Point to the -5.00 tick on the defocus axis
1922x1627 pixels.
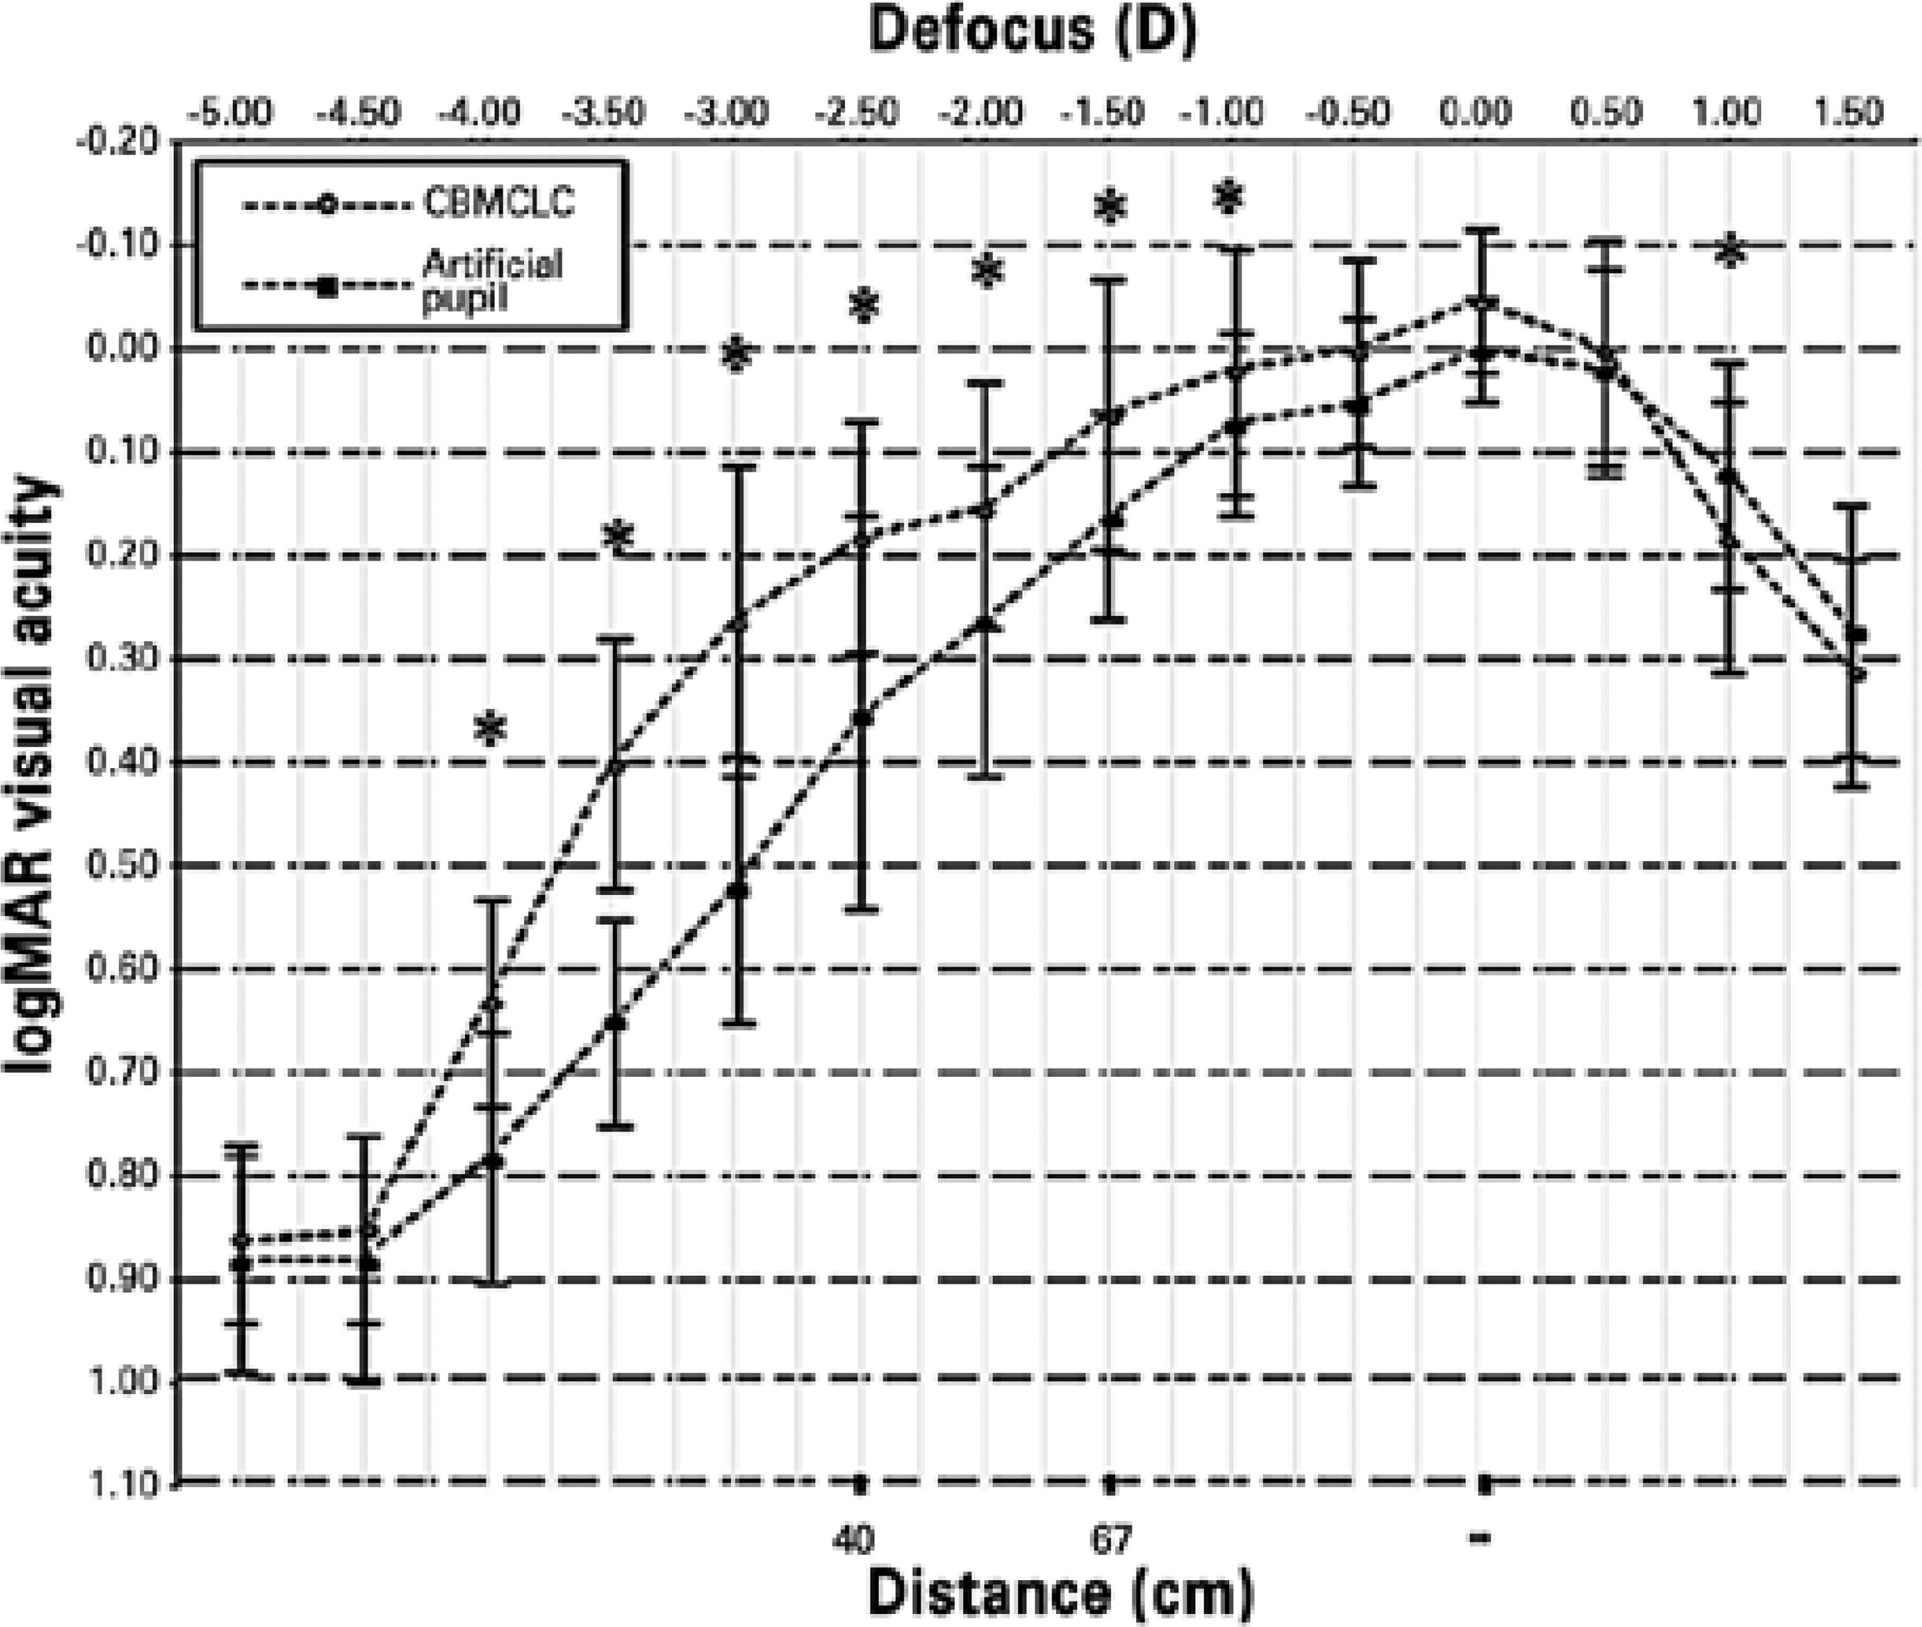[x=230, y=113]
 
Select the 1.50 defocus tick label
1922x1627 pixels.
[x=1852, y=113]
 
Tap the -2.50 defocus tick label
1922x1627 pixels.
[x=857, y=113]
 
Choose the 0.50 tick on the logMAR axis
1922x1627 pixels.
[x=125, y=866]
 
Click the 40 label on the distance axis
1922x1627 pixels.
[x=852, y=1538]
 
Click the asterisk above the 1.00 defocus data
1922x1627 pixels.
[x=1729, y=252]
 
